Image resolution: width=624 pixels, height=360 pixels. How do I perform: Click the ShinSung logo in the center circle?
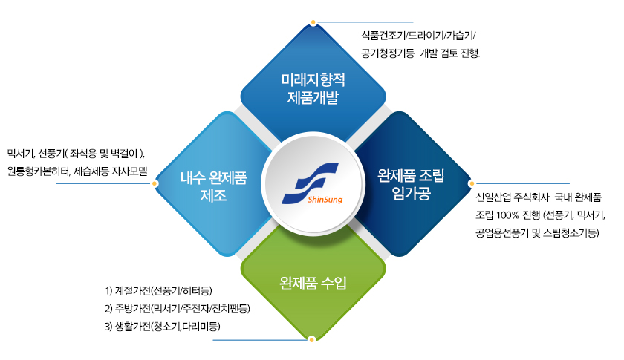311,183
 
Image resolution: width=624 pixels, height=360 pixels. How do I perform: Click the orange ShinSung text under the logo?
325,199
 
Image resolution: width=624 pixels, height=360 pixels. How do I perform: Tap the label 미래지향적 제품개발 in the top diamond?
313,89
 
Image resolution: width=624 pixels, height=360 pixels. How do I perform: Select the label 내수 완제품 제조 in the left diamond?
214,186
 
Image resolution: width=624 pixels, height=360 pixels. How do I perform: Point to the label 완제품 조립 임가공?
411,184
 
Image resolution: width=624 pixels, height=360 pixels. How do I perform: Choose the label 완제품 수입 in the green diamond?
313,283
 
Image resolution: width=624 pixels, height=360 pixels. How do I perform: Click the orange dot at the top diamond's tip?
313,22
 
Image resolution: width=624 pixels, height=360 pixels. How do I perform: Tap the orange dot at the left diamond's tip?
155,183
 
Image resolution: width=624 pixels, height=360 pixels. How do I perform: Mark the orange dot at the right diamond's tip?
472,183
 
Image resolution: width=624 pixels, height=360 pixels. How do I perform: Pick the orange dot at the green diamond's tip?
312,339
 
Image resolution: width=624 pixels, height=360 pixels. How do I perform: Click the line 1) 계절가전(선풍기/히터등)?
158,291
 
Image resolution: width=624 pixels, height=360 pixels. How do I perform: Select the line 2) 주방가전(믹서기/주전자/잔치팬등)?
178,308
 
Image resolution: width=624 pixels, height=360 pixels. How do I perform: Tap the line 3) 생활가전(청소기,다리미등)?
163,326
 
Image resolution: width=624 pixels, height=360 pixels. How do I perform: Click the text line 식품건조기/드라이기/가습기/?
418,36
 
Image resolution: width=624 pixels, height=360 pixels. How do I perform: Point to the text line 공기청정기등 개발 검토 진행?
420,53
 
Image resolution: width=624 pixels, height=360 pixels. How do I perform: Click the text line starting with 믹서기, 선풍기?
76,153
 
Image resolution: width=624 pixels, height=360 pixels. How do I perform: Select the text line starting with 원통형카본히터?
77,171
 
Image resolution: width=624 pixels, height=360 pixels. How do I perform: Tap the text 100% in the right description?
507,215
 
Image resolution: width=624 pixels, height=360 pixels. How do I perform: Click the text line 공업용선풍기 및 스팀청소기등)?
537,233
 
